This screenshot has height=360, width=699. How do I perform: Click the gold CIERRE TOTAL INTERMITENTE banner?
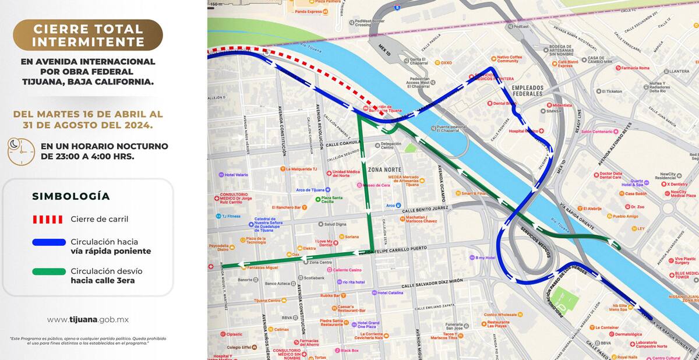(x=88, y=35)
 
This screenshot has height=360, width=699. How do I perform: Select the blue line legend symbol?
(x=49, y=242)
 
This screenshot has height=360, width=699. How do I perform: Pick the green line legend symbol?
(x=49, y=271)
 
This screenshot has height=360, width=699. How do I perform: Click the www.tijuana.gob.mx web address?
(x=88, y=320)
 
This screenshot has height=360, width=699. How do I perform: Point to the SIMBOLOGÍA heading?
(x=70, y=196)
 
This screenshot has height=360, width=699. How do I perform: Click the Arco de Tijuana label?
(x=309, y=190)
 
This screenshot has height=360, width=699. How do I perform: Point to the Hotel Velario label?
(x=236, y=175)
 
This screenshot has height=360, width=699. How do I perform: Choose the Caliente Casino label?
(x=347, y=270)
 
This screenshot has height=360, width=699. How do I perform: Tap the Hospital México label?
(x=525, y=131)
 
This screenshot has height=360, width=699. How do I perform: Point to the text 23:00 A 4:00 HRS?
(x=87, y=157)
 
